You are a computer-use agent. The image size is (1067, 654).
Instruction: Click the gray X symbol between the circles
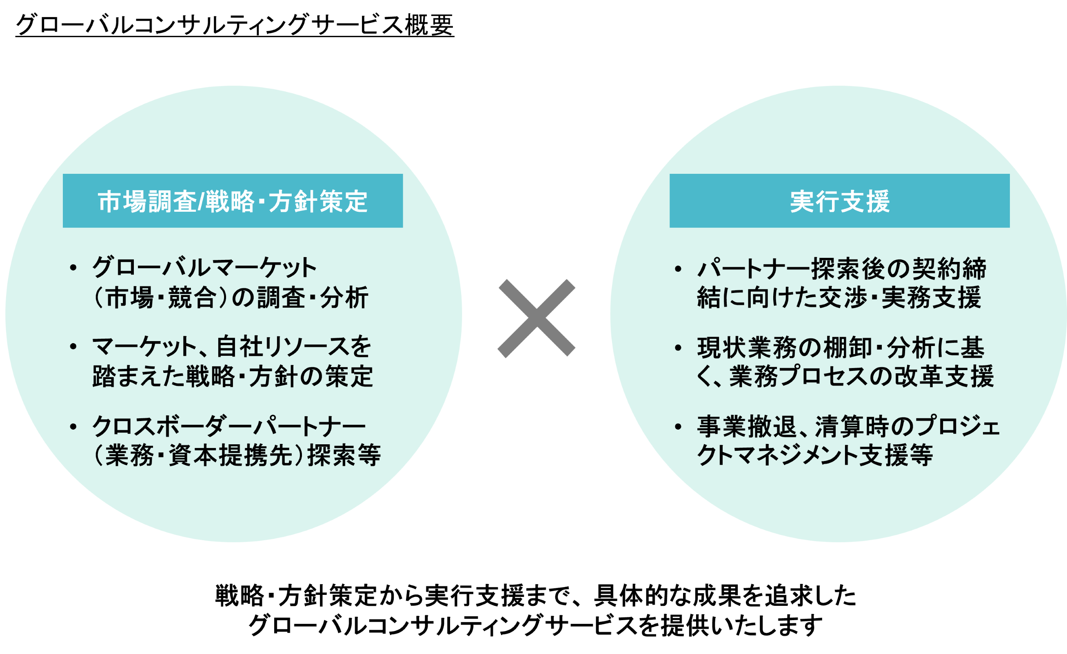[536, 318]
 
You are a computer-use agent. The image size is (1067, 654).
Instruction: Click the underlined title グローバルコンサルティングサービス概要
[234, 25]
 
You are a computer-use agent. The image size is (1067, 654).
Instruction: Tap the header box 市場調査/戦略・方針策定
[233, 201]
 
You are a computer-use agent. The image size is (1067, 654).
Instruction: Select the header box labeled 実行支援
[839, 201]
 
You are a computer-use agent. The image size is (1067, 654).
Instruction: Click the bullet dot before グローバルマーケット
[73, 267]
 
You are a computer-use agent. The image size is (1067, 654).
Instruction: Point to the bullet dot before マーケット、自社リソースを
[73, 346]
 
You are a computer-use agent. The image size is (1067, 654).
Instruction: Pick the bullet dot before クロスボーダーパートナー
[73, 427]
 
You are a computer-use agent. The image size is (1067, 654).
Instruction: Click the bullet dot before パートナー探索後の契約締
[678, 268]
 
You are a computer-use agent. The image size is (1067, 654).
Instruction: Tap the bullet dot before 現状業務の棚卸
[678, 347]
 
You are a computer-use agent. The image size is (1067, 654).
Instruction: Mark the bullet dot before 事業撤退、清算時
[678, 427]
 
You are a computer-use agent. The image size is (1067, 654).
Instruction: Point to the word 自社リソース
[277, 346]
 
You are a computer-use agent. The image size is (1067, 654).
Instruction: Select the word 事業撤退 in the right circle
[747, 427]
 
